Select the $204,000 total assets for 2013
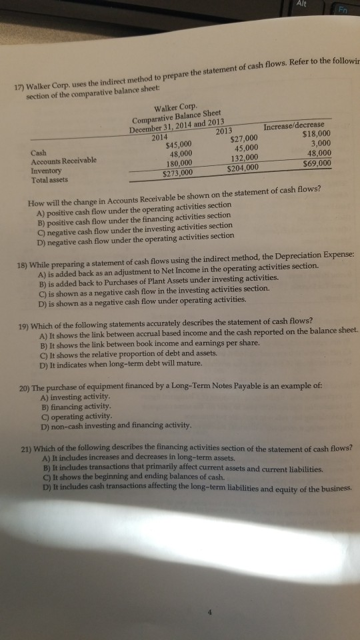click(x=241, y=167)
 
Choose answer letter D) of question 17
click(x=42, y=237)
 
